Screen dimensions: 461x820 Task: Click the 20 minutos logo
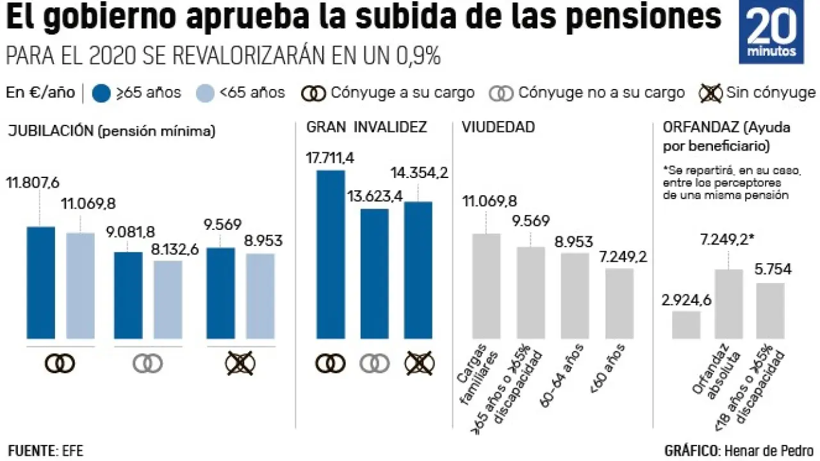pyautogui.click(x=771, y=32)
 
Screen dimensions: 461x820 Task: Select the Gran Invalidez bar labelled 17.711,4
pyautogui.click(x=331, y=254)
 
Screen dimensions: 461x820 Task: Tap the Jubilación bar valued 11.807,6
pyautogui.click(x=40, y=282)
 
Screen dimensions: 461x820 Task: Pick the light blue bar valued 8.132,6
pyautogui.click(x=168, y=299)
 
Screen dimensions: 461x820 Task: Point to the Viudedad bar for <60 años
pyautogui.click(x=619, y=303)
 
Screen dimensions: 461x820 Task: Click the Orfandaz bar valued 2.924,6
pyautogui.click(x=686, y=325)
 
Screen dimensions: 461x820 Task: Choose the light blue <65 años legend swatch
pyautogui.click(x=203, y=93)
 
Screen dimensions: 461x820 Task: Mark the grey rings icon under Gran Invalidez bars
pyautogui.click(x=375, y=364)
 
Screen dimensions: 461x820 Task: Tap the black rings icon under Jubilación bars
pyautogui.click(x=60, y=364)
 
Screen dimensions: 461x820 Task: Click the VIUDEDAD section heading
pyautogui.click(x=498, y=127)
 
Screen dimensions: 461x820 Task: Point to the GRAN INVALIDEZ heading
pyautogui.click(x=366, y=127)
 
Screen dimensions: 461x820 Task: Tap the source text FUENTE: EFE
pyautogui.click(x=45, y=450)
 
